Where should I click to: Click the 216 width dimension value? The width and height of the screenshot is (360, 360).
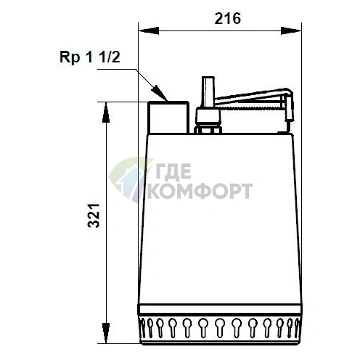pos(227,18)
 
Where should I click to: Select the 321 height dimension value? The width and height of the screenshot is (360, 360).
pos(94,216)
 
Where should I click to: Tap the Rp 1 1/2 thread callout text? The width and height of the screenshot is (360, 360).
pos(90,58)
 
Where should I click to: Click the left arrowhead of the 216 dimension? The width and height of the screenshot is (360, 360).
pos(148,30)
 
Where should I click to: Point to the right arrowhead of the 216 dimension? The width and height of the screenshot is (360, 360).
pos(291,30)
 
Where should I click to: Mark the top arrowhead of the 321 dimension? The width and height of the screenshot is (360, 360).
pos(106,112)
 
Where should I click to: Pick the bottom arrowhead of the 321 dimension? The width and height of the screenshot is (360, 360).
pos(106,333)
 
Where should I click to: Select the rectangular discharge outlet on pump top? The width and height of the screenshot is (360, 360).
pos(168,118)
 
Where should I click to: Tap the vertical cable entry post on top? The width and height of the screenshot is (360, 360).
pos(208,92)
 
